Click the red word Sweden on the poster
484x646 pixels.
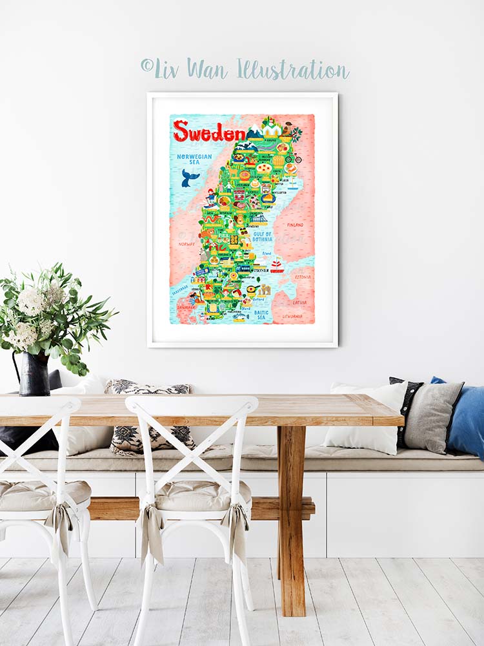pyautogui.click(x=209, y=131)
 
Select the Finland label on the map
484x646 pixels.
pyautogui.click(x=294, y=225)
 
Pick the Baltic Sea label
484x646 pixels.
pyautogui.click(x=261, y=315)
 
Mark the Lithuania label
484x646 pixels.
pyautogui.click(x=292, y=316)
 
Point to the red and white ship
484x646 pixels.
pyautogui.click(x=277, y=265)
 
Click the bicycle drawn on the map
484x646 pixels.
pyautogui.click(x=294, y=158)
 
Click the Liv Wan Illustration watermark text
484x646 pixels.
pyautogui.click(x=245, y=68)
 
